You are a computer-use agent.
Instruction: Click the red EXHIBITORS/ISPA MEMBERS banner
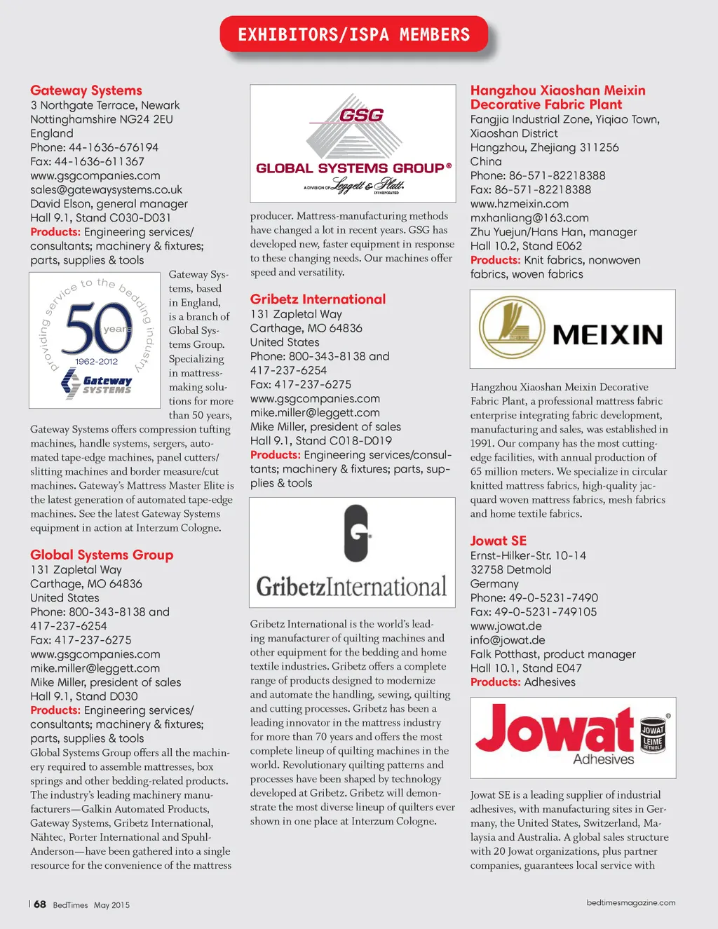pyautogui.click(x=353, y=34)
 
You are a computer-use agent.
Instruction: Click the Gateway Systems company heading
pyautogui.click(x=86, y=90)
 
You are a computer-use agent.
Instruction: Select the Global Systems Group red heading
pyautogui.click(x=102, y=555)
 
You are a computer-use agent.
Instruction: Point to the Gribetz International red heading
pyautogui.click(x=318, y=299)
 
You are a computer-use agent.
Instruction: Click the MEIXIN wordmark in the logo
pyautogui.click(x=607, y=334)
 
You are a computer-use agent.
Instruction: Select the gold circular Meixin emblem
pyautogui.click(x=513, y=327)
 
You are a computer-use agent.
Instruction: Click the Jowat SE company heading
pyautogui.click(x=498, y=541)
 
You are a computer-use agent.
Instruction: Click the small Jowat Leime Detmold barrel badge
pyautogui.click(x=653, y=735)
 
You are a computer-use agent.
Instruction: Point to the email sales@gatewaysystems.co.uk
pyautogui.click(x=106, y=189)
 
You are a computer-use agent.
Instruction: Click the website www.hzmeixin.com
pyautogui.click(x=520, y=203)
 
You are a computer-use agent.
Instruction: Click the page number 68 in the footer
pyautogui.click(x=40, y=904)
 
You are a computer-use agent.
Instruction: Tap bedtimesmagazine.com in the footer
pyautogui.click(x=631, y=903)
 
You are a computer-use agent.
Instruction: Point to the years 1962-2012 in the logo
pyautogui.click(x=97, y=362)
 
